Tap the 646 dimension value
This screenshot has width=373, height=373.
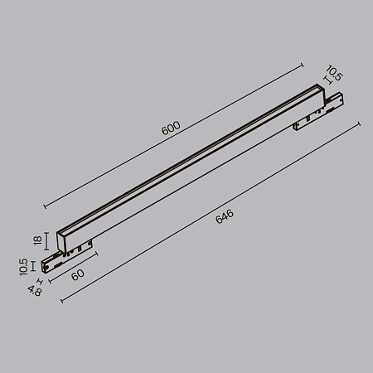pyautogui.click(x=224, y=217)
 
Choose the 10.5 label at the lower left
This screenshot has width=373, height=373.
pyautogui.click(x=26, y=266)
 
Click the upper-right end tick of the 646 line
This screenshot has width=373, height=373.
pyautogui.click(x=359, y=124)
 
